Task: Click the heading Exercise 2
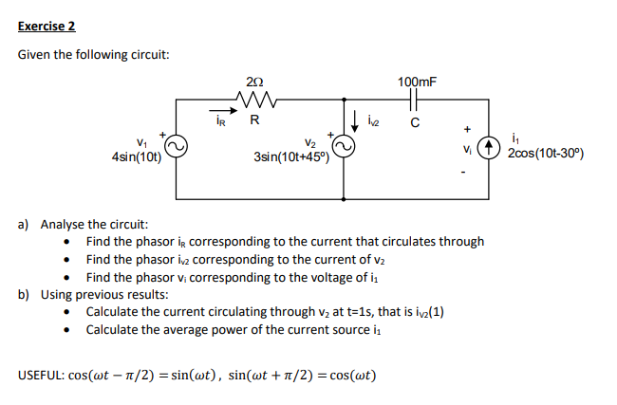click(47, 26)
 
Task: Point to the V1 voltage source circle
click(177, 147)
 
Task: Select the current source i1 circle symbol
click(488, 148)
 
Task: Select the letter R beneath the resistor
click(253, 120)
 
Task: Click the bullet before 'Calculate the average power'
click(67, 329)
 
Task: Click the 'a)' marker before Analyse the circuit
click(26, 225)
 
